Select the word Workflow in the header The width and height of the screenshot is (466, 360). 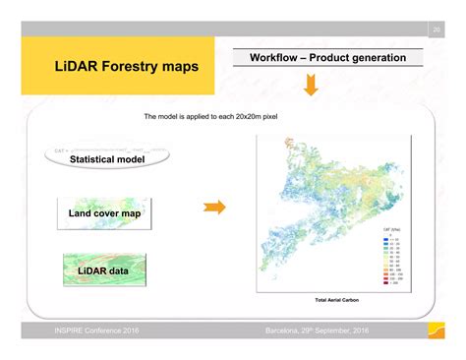pyautogui.click(x=278, y=58)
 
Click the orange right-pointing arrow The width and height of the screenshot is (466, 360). pyautogui.click(x=213, y=207)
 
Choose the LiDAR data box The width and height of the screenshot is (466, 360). pyautogui.click(x=105, y=269)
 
